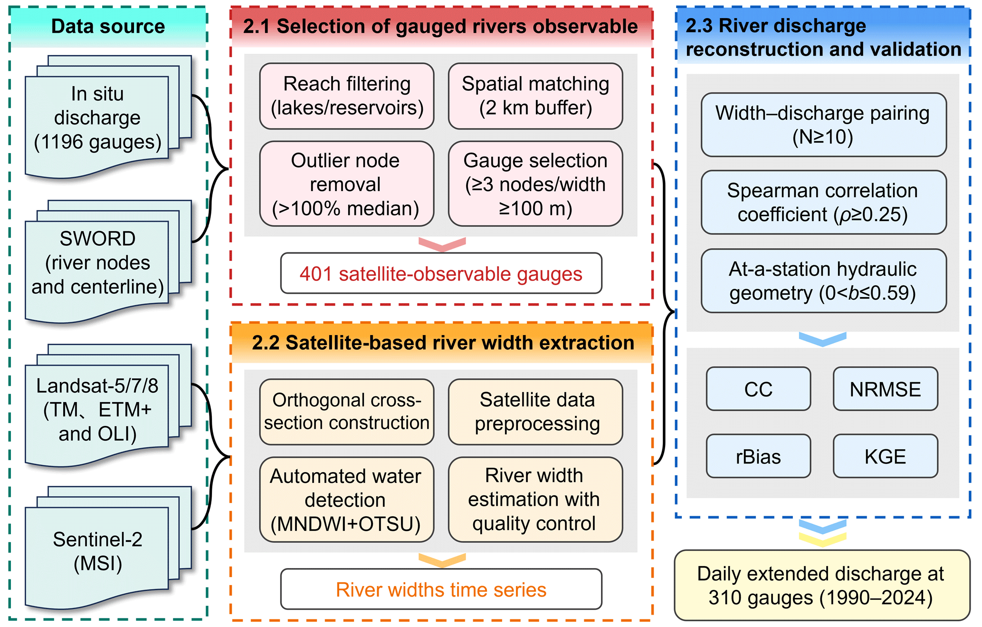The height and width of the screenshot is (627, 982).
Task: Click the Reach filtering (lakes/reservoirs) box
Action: [347, 96]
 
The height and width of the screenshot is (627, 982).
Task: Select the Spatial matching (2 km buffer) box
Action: [535, 96]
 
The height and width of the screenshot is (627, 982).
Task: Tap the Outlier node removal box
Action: [347, 183]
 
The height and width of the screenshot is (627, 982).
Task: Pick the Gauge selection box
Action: [535, 183]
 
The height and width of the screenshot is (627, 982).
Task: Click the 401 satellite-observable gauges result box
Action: [441, 273]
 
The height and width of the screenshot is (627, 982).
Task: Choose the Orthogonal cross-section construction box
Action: [347, 412]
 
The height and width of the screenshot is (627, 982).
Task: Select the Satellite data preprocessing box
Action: [535, 412]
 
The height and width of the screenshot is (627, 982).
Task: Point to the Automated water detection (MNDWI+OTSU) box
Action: [347, 500]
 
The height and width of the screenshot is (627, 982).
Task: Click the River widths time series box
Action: [441, 589]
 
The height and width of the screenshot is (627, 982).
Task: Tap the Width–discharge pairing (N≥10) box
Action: [824, 125]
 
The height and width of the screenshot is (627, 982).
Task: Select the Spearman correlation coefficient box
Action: [824, 203]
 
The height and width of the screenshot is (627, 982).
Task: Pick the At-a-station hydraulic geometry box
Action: [824, 281]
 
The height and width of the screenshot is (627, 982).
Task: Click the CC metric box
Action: [758, 389]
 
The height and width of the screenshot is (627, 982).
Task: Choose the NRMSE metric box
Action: [886, 389]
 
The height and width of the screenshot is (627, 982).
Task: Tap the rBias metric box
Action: [758, 456]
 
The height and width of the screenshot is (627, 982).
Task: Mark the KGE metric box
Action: [886, 456]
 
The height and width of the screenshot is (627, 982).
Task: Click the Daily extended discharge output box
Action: [822, 585]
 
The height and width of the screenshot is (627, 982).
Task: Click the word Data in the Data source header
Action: [73, 27]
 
